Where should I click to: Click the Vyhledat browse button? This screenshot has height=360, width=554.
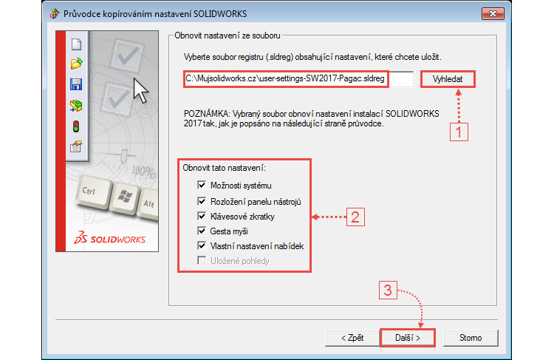tap(447, 79)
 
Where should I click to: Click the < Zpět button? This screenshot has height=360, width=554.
tap(352, 338)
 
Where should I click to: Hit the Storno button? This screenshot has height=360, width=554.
tap(471, 338)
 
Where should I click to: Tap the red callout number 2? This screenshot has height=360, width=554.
tap(355, 217)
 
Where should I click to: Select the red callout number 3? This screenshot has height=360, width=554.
tap(389, 291)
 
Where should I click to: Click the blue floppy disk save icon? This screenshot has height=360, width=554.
tap(75, 84)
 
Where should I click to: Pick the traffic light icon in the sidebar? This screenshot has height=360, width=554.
tap(75, 126)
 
